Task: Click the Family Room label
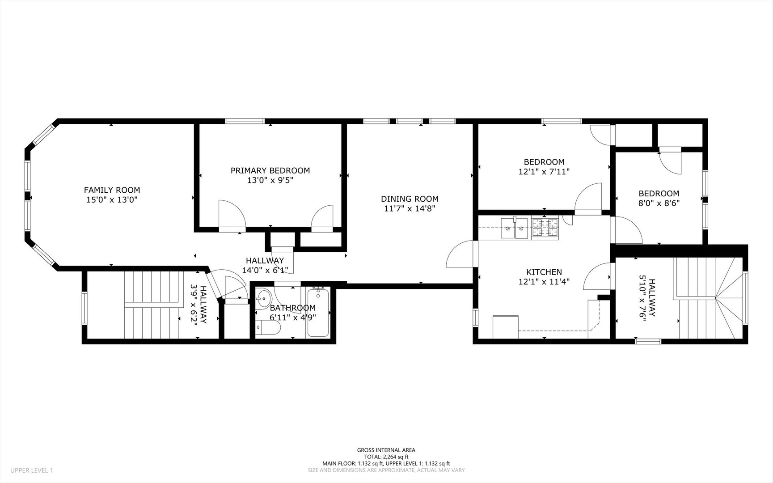click(x=112, y=190)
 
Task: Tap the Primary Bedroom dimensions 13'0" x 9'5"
click(x=270, y=180)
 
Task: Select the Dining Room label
click(x=410, y=199)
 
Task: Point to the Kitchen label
click(x=544, y=272)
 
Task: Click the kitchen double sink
click(x=514, y=228)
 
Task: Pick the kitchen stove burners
click(x=545, y=228)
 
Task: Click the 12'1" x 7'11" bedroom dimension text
click(x=544, y=171)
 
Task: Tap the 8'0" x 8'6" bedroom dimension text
click(x=659, y=203)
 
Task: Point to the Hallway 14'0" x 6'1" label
click(x=265, y=265)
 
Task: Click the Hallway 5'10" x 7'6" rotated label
click(x=647, y=298)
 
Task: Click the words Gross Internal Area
click(x=386, y=450)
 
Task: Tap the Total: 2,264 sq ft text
click(x=386, y=457)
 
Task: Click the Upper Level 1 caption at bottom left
click(x=31, y=470)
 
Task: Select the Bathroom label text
click(x=293, y=308)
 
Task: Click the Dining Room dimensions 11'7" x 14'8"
click(x=410, y=208)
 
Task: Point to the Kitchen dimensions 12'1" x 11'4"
click(x=544, y=282)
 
